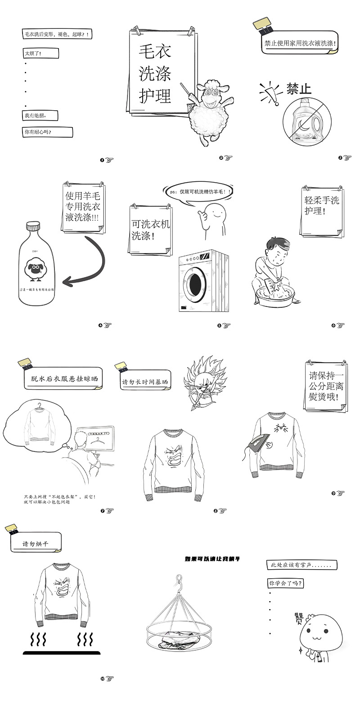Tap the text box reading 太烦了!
pos(40,53)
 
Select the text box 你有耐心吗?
pos(47,132)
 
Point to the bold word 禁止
pos(299,89)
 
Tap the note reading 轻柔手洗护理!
pos(321,206)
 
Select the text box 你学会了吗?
pos(285,583)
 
